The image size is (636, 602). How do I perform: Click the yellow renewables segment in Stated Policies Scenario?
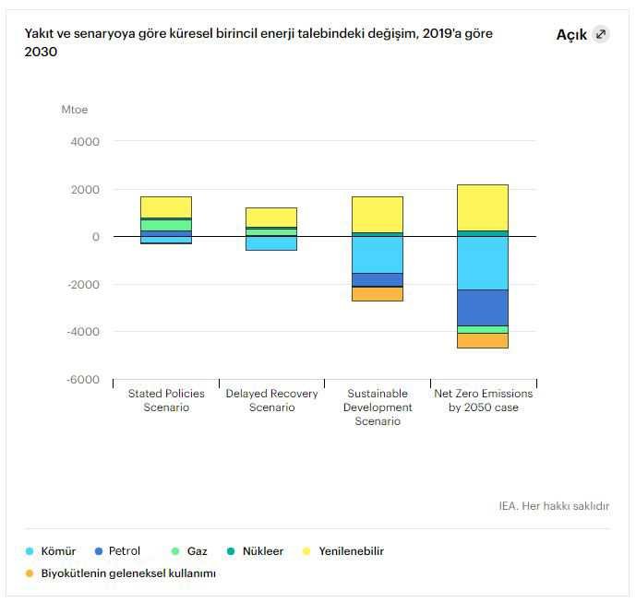tap(166, 207)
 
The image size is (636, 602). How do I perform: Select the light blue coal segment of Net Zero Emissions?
tap(483, 263)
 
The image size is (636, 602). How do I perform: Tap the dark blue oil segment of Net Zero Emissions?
tap(483, 307)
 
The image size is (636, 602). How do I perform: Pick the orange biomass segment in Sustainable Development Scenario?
tap(377, 294)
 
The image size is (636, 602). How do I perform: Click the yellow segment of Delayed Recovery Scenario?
tap(271, 217)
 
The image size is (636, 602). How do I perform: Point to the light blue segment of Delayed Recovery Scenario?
tap(271, 243)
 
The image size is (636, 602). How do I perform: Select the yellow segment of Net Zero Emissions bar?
tap(483, 207)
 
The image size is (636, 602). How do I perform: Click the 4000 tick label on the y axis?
tap(85, 142)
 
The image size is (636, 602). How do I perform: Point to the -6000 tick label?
tap(83, 379)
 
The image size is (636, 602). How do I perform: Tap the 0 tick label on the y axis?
tap(95, 237)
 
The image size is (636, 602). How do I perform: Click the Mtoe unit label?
tap(75, 110)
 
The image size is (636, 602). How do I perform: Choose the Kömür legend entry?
tap(58, 551)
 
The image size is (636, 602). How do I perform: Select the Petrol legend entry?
tap(124, 551)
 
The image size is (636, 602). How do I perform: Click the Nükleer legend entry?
tap(262, 551)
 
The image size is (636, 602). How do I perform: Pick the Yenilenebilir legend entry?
tap(351, 551)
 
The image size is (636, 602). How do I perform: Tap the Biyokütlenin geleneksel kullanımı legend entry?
tap(127, 573)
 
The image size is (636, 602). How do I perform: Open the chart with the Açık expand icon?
tap(601, 34)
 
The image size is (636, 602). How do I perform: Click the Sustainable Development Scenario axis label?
tap(377, 407)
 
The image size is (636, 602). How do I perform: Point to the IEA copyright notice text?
tap(553, 505)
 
